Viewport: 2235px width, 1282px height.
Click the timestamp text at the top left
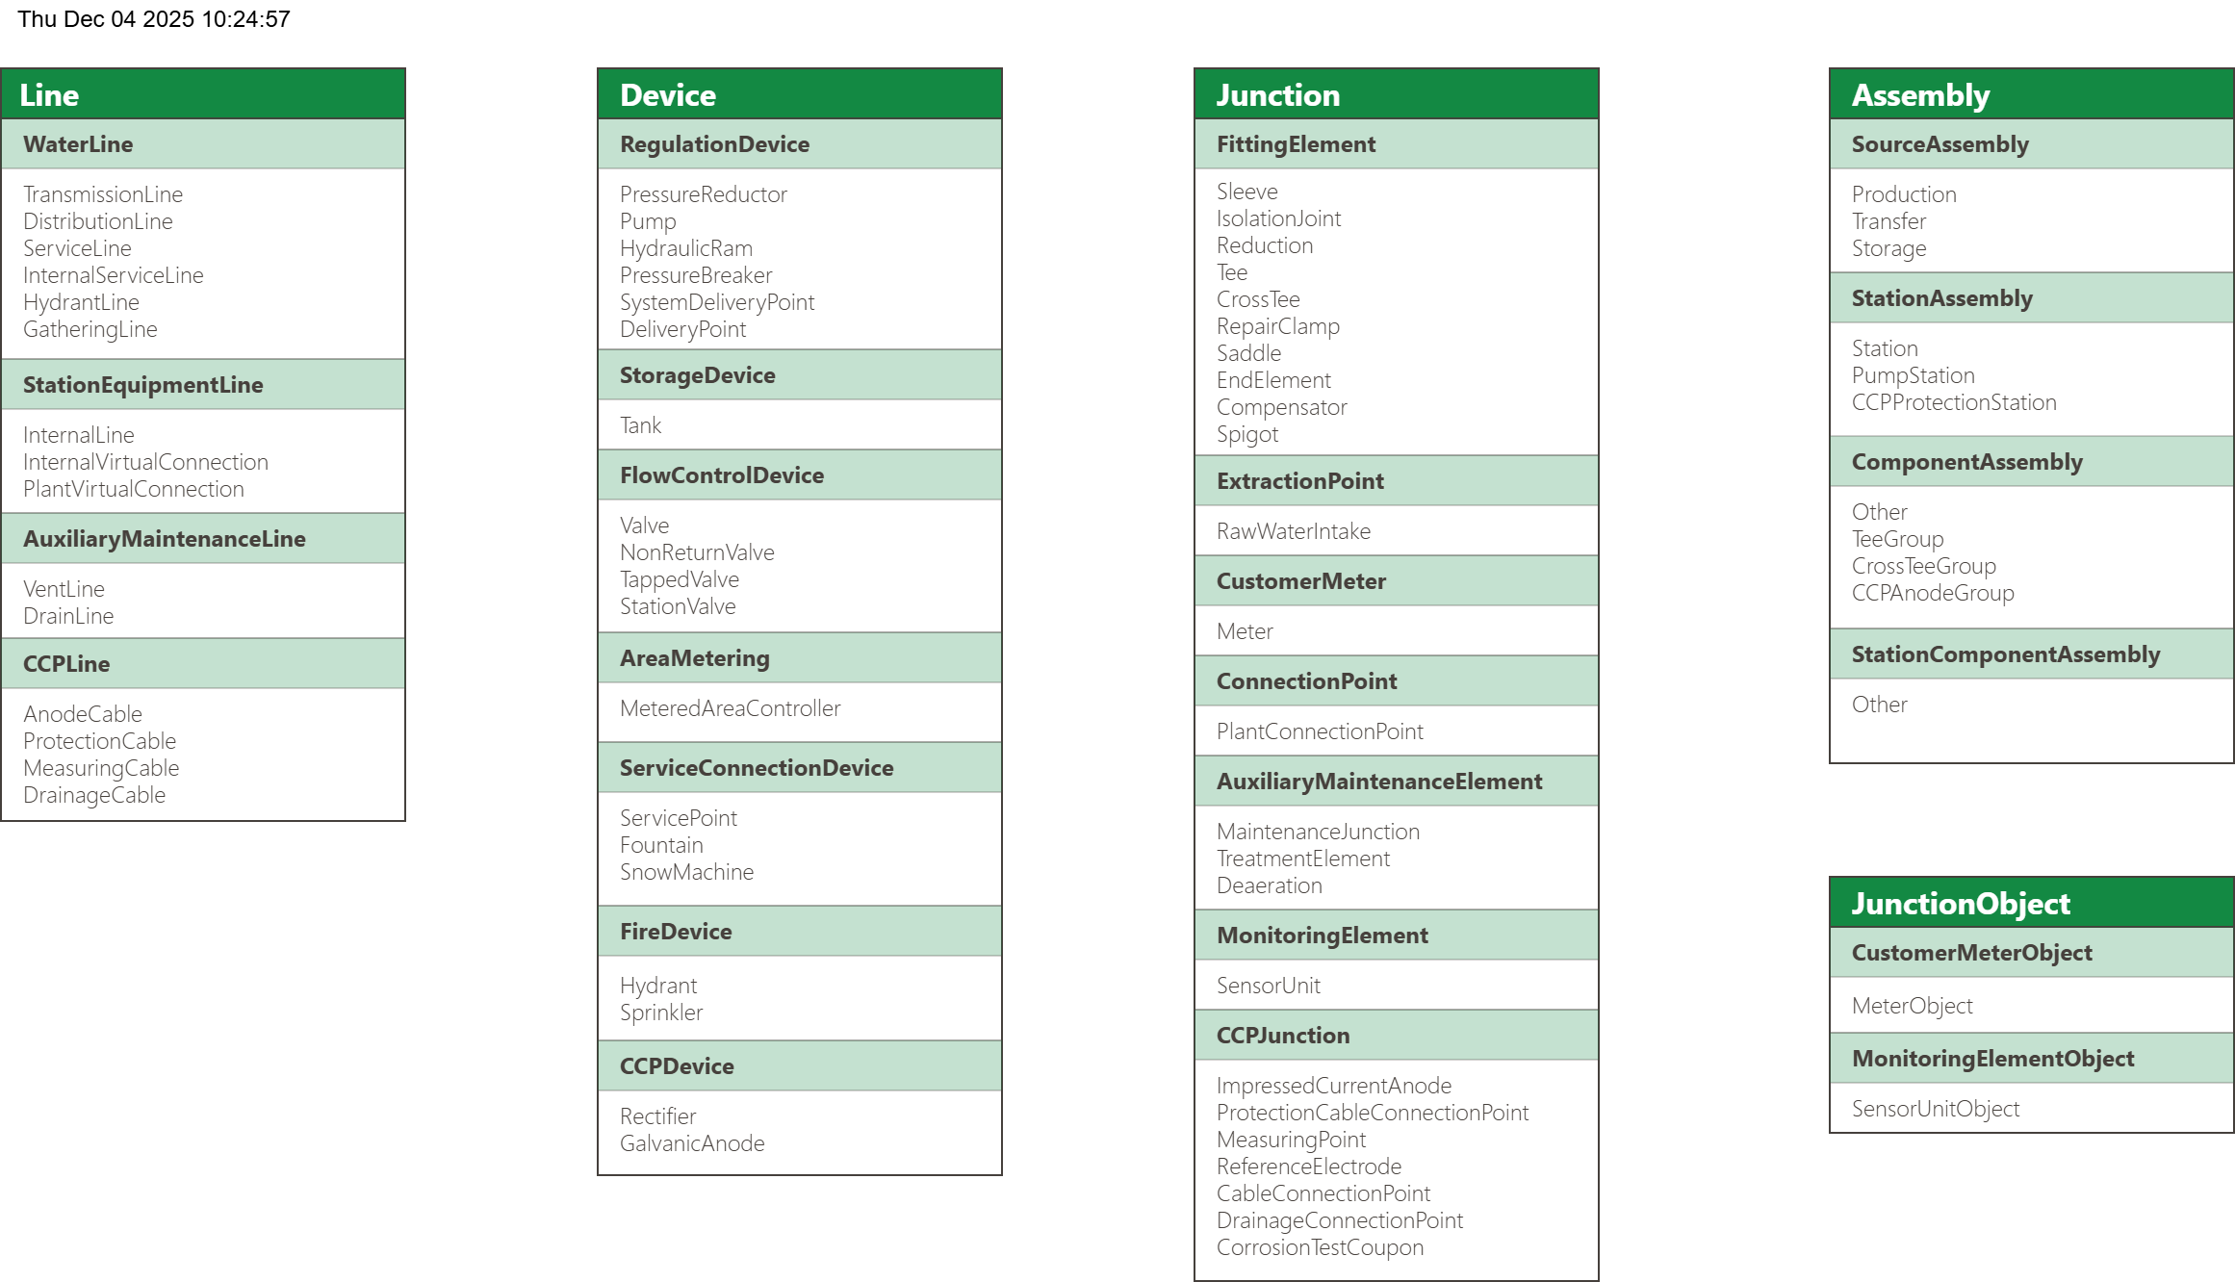(x=154, y=19)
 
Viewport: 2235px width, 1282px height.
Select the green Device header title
(x=668, y=95)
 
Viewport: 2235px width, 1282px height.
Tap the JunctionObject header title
(x=1960, y=904)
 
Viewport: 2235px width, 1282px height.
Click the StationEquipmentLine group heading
(x=142, y=385)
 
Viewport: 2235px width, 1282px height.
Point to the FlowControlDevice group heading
(x=721, y=475)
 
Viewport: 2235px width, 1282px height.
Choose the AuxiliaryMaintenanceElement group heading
(x=1378, y=782)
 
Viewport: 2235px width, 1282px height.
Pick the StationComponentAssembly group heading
(x=2005, y=654)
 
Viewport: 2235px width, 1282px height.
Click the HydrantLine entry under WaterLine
(x=81, y=302)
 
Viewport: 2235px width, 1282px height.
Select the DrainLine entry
(x=68, y=616)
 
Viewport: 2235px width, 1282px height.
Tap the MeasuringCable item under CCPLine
(x=101, y=768)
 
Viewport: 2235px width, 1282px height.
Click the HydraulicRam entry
(x=685, y=248)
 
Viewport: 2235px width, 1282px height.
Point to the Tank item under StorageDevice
(x=640, y=425)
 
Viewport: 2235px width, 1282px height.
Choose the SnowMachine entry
(x=686, y=872)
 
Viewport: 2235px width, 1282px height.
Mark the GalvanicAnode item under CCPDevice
(x=692, y=1143)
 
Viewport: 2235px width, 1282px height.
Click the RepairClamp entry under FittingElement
(x=1277, y=326)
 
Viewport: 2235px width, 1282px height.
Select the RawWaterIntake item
(x=1293, y=531)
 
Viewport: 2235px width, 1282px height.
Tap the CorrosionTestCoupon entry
(x=1319, y=1247)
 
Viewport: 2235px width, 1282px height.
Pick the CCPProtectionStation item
(x=1953, y=402)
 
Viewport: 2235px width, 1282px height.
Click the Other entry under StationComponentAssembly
(x=1879, y=705)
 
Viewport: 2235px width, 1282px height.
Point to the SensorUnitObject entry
(x=1935, y=1109)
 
